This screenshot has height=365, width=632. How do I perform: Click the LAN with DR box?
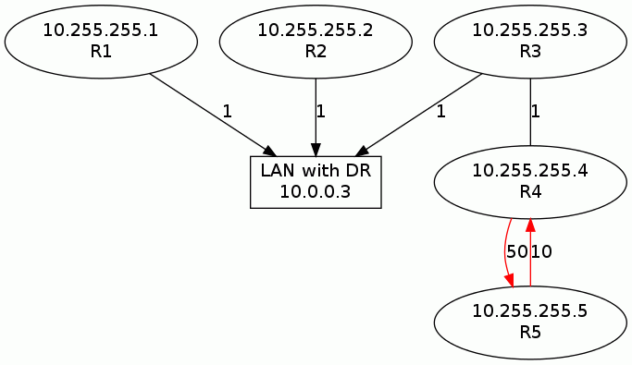[x=316, y=181]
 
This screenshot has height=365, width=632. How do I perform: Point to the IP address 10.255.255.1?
[x=101, y=30]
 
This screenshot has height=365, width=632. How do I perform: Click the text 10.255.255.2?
[x=316, y=30]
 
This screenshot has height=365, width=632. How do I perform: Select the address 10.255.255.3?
[x=529, y=30]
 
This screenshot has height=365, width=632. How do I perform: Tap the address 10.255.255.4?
[x=529, y=171]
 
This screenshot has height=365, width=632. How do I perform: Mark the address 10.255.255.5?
[x=529, y=311]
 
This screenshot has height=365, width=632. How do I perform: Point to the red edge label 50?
[x=516, y=251]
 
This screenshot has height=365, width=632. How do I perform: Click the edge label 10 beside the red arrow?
[x=541, y=251]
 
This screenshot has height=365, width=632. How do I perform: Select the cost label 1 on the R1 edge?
[x=227, y=112]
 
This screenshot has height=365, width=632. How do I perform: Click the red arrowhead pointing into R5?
[x=509, y=282]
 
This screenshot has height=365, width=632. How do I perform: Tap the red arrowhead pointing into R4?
[x=529, y=223]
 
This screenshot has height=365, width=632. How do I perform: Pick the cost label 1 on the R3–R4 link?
[x=535, y=112]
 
